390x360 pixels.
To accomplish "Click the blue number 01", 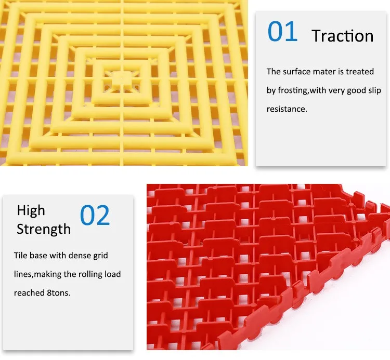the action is [282, 32].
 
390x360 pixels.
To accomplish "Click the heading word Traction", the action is [343, 36].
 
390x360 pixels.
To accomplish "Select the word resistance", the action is [287, 109].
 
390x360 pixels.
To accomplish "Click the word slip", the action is [374, 90].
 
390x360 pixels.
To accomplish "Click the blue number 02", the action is [95, 215].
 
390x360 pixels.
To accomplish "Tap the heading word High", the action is [31, 211].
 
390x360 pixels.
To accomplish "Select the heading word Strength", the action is [44, 229].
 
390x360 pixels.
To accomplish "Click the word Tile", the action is [20, 256].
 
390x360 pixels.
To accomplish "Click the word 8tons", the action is [59, 293].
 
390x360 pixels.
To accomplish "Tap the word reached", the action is [29, 293].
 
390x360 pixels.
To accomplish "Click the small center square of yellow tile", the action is [121, 79].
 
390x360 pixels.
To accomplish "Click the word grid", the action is [100, 256].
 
